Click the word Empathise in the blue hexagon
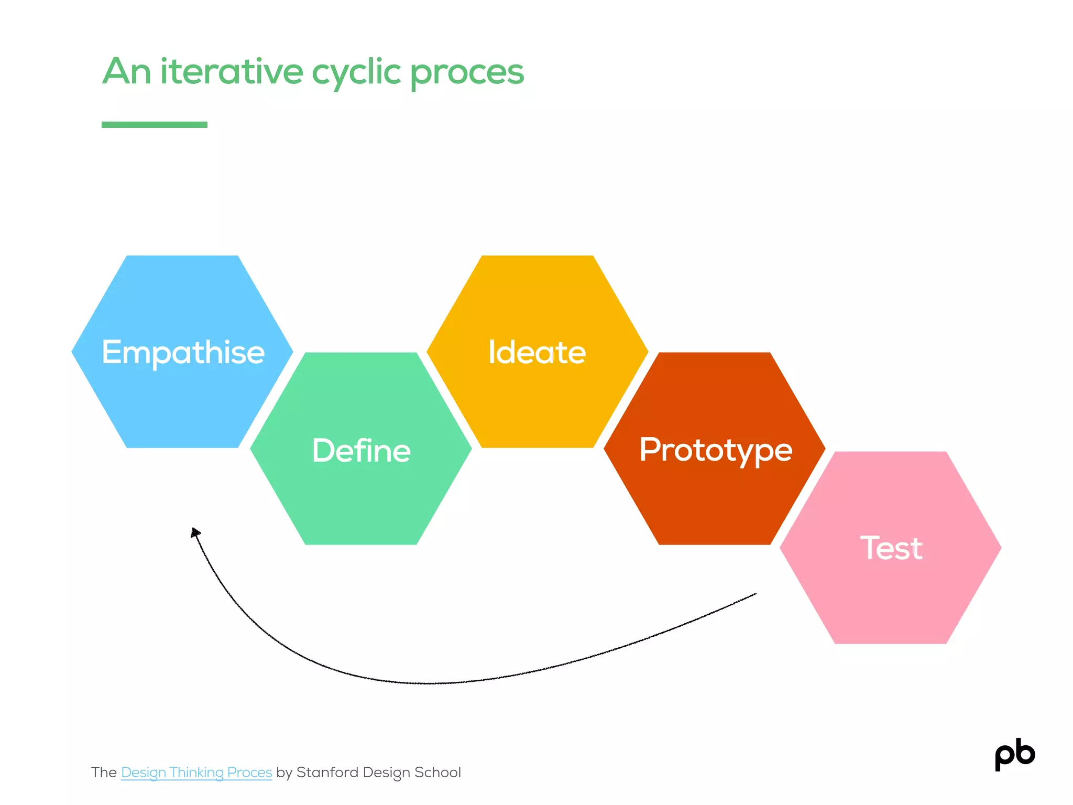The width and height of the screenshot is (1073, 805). pos(183,352)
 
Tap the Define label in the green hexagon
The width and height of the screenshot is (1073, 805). pos(361,450)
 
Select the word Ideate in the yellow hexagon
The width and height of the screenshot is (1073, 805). pos(537,352)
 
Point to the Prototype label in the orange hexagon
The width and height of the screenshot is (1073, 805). pos(716,450)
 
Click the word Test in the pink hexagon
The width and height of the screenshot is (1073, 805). pos(891,548)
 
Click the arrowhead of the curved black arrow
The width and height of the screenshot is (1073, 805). pos(195,533)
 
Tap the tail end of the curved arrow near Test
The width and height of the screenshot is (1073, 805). pos(754,595)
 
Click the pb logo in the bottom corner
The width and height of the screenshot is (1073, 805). pos(1015,754)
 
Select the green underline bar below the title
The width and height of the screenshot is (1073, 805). pos(155,125)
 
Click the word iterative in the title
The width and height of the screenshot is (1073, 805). pos(232,71)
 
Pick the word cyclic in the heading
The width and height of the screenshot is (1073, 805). pos(356,72)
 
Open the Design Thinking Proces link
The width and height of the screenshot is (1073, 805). pos(196,773)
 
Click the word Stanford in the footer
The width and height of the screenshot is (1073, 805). pos(327,773)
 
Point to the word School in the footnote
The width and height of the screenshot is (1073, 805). pos(437,773)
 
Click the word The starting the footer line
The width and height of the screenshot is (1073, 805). pos(104,773)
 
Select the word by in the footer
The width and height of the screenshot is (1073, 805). pos(284,773)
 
